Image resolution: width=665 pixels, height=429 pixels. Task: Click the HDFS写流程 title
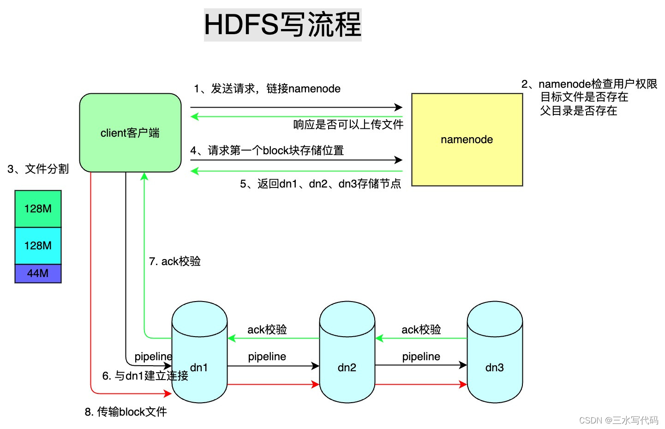(282, 24)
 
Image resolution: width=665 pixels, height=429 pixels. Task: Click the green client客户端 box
(130, 133)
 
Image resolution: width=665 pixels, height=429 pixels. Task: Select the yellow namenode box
(467, 139)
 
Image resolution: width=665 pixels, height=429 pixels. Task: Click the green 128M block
(38, 209)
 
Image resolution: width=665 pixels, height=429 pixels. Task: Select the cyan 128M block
(38, 246)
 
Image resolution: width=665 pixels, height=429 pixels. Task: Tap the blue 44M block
(38, 273)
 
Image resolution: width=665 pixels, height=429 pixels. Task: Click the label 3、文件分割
(38, 169)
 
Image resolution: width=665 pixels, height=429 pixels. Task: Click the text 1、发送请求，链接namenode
(267, 89)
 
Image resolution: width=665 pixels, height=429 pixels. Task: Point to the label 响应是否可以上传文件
(348, 124)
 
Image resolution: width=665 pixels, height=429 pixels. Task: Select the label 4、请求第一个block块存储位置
(267, 151)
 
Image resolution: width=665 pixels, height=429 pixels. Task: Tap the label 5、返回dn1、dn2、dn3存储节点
(320, 184)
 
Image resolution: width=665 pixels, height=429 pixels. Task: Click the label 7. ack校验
(175, 261)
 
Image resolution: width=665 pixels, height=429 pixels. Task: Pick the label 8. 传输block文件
(126, 411)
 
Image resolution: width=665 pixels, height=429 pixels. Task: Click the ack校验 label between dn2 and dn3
(421, 329)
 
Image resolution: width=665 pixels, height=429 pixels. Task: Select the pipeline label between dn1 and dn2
(267, 356)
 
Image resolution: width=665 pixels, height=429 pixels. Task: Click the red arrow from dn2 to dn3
(421, 384)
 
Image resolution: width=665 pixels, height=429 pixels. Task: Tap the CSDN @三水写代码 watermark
(618, 420)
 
